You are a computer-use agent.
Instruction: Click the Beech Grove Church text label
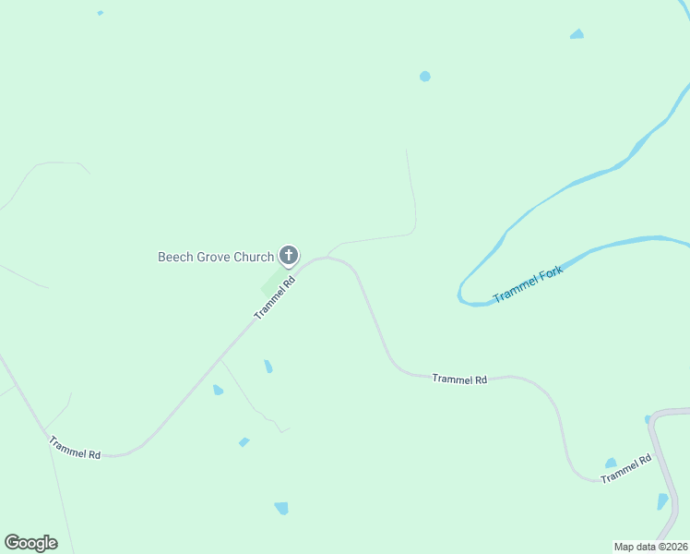tap(216, 257)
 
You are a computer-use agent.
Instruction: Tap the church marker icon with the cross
tap(289, 256)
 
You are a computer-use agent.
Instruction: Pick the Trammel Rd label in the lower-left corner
tap(76, 448)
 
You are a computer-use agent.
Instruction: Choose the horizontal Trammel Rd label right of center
tap(459, 379)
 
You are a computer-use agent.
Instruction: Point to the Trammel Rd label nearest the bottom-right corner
tap(625, 469)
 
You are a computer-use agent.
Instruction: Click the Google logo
tap(30, 542)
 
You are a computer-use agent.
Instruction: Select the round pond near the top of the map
tap(424, 76)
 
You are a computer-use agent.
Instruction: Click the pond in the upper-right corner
tap(577, 34)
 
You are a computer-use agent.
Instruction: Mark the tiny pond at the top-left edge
tap(100, 13)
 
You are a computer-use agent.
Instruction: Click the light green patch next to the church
tap(269, 285)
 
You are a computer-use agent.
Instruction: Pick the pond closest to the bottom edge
tap(281, 508)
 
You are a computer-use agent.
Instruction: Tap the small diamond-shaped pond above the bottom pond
tap(244, 442)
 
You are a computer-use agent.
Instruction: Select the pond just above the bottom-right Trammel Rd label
tap(611, 463)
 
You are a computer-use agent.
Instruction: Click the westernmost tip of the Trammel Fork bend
tap(459, 294)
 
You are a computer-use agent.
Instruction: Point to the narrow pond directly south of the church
tap(268, 367)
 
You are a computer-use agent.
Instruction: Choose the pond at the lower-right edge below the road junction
tap(662, 501)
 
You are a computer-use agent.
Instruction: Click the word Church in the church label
tap(253, 257)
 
